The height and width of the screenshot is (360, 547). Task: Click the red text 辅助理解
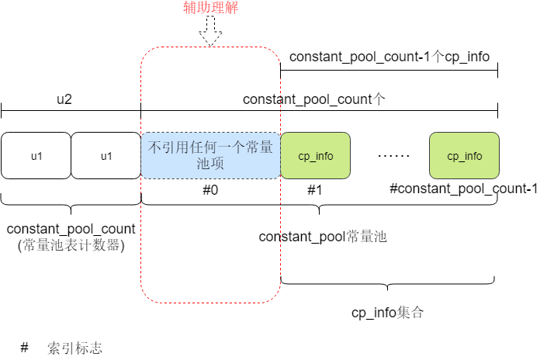pos(210,9)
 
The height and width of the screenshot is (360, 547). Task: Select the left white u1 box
pos(36,156)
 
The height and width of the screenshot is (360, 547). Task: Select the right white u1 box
pos(106,156)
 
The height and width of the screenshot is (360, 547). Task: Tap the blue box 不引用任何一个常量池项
pos(210,155)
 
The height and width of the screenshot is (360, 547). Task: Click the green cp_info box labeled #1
pos(315,156)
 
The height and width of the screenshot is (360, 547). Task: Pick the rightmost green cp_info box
pos(464,156)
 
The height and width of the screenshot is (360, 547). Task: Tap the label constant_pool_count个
pos(314,99)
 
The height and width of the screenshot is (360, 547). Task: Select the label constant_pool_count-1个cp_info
pos(389,57)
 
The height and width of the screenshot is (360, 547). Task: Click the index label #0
pos(210,189)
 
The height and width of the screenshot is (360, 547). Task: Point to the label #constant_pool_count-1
pos(463,189)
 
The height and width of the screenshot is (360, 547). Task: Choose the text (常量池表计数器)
pos(71,245)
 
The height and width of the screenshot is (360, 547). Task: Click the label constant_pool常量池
pos(323,237)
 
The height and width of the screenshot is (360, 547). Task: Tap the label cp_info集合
pos(387,313)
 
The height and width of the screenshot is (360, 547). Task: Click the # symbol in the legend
pos(24,348)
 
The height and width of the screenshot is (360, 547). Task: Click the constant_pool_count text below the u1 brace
pos(71,230)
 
